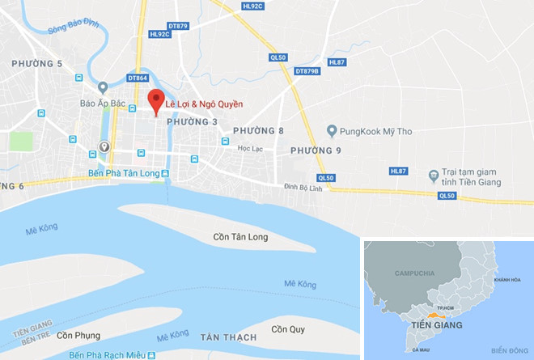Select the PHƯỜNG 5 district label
coord(36,63)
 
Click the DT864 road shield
coord(138,78)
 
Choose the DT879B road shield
coord(307,71)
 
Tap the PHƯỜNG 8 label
coord(258,131)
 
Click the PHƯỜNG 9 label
coord(316,150)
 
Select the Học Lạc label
coord(250,149)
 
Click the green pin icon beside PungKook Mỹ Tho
coord(332,130)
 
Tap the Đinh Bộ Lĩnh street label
coord(303,188)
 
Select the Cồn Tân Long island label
coord(240,237)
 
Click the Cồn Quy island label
coord(289,329)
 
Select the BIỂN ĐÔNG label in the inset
coord(508,349)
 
